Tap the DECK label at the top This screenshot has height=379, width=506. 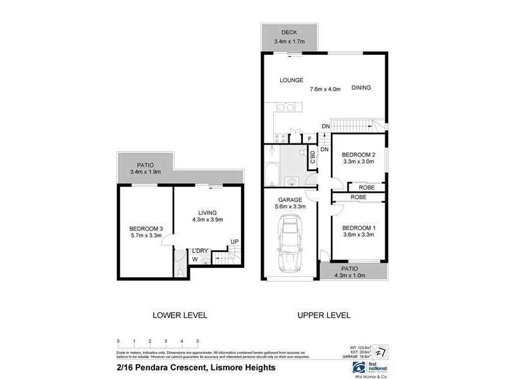point(290,32)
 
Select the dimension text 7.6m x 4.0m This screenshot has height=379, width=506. point(326,89)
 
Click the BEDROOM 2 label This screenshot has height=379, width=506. point(359,155)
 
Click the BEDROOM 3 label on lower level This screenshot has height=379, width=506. point(146,229)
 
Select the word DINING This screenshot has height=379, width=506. point(361,88)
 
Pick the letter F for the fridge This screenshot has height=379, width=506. point(310,139)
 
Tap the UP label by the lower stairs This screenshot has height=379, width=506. point(234,241)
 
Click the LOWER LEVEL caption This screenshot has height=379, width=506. point(180,315)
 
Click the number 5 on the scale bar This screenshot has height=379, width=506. point(198,341)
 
